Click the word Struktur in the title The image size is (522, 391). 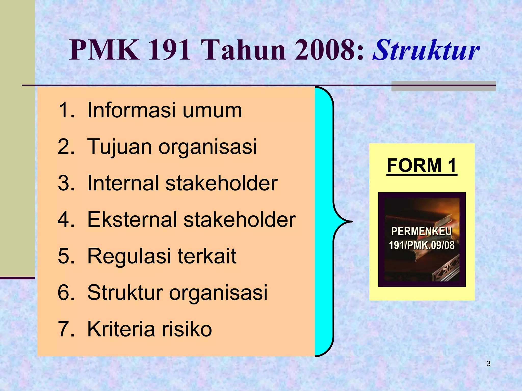point(426,50)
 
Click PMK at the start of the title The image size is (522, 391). point(105,50)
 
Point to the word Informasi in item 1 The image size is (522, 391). point(132,110)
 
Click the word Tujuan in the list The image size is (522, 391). point(119,147)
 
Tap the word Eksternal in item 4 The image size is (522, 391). point(132,219)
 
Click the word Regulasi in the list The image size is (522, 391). point(129,256)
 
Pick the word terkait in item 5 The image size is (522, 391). point(207,256)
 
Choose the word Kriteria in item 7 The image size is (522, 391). point(121,329)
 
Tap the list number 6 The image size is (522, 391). point(66,292)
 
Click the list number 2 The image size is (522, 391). point(66,147)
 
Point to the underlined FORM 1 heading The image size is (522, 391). point(422,166)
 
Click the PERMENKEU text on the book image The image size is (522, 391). point(422,232)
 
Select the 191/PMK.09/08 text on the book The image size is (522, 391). point(422,245)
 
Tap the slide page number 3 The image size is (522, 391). point(488,364)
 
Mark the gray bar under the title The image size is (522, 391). point(443,86)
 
